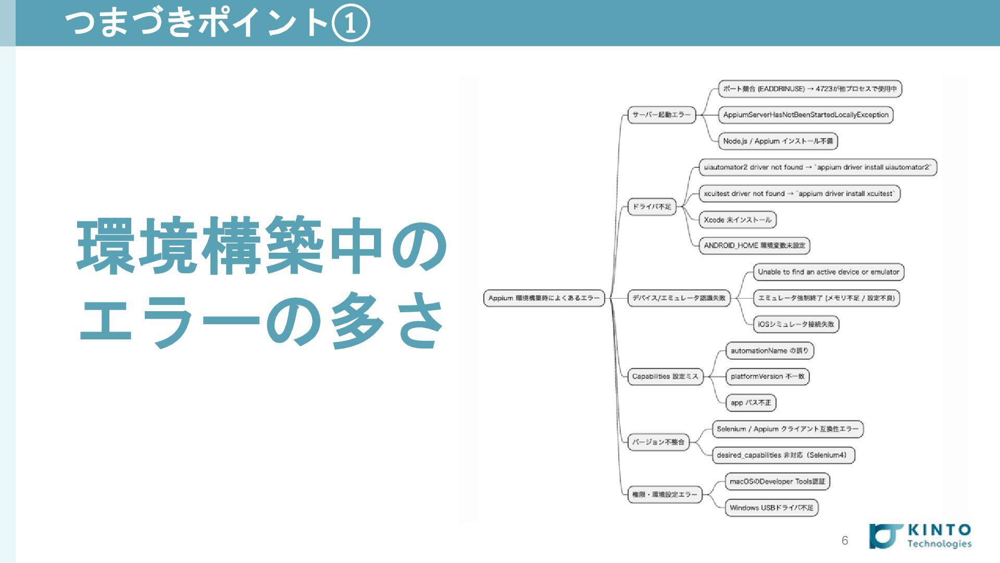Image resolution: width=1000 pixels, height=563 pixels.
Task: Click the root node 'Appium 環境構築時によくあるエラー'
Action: [x=544, y=298]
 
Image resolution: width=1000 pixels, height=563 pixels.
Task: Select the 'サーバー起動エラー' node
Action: [x=661, y=115]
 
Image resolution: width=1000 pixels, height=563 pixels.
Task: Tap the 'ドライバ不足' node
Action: [x=652, y=206]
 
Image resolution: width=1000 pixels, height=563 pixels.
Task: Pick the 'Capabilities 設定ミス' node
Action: [x=665, y=376]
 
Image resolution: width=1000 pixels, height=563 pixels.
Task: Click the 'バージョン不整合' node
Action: [x=658, y=442]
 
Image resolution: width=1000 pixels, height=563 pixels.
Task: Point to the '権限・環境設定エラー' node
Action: [x=665, y=494]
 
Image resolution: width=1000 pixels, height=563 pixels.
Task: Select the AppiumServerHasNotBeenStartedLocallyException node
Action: [x=805, y=115]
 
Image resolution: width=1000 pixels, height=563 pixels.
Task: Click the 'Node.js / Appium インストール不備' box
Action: [x=778, y=141]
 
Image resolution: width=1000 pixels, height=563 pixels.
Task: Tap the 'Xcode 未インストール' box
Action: [x=737, y=220]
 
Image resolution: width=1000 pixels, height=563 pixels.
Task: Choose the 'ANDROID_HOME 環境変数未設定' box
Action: [x=754, y=246]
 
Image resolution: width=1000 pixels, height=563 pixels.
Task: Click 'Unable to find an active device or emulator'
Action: [x=828, y=272]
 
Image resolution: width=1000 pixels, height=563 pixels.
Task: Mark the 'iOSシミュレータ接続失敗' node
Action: [x=796, y=324]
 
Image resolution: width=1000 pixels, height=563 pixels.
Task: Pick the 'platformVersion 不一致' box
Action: [x=767, y=376]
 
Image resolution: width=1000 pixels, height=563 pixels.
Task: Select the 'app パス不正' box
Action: [x=751, y=403]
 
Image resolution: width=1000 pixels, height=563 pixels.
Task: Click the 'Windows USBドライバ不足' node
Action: [x=771, y=508]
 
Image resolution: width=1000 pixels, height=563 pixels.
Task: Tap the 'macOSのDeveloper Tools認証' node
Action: [x=777, y=482]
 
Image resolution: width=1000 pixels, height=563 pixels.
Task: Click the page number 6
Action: [x=845, y=541]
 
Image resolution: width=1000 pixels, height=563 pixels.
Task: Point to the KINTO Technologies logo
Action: [x=920, y=536]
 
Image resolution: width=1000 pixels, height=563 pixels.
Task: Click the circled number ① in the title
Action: [x=351, y=23]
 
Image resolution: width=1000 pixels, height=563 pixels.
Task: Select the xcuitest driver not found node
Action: [x=799, y=193]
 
